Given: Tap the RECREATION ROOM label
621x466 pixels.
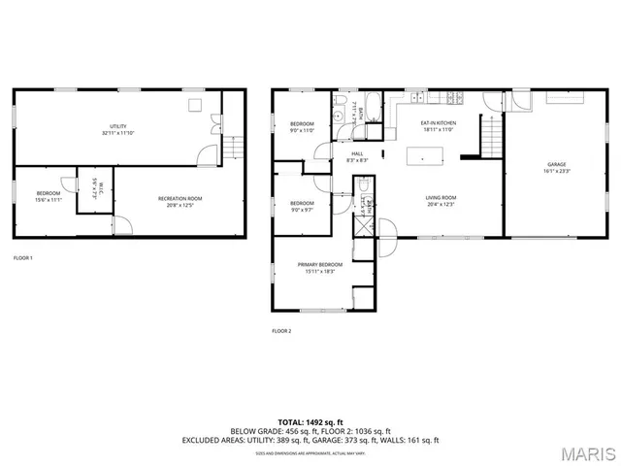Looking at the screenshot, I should click(180, 198).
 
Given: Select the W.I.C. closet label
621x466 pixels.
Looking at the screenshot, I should click(95, 185).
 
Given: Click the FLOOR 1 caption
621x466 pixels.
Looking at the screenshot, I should click(23, 257).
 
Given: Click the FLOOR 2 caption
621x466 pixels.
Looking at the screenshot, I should click(281, 331).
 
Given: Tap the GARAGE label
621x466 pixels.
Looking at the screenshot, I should click(556, 165).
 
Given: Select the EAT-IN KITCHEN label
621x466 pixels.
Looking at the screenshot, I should click(439, 122).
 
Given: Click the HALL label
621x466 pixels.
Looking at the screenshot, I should click(358, 153).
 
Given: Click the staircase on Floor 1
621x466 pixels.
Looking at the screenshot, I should click(234, 148).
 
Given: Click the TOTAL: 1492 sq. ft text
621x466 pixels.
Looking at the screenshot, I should click(310, 421).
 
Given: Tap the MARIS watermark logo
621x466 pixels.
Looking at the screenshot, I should click(585, 452).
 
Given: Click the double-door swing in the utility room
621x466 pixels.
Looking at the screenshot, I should click(215, 124).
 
